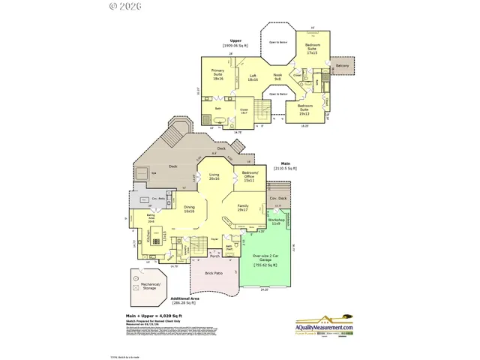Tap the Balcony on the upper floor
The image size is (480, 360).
click(342, 66)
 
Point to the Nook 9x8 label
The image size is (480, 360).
click(277, 77)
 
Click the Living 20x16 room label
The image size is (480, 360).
click(214, 177)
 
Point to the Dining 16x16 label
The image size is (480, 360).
click(190, 210)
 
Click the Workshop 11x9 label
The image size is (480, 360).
click(277, 222)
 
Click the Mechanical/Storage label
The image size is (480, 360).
click(148, 286)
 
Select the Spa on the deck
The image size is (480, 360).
click(154, 172)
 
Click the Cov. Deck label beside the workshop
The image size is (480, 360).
click(277, 199)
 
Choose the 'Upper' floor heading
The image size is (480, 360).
click(235, 41)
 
